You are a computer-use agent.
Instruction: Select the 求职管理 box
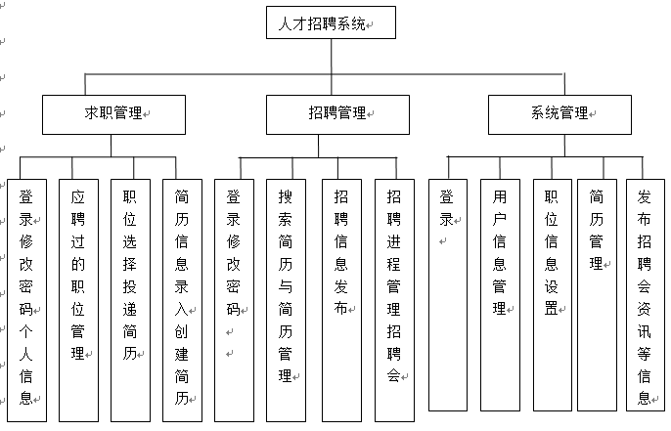point(113,114)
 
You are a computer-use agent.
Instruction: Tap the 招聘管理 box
point(332,114)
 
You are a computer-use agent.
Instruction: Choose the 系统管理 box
point(559,114)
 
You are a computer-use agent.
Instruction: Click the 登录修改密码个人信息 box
point(26,293)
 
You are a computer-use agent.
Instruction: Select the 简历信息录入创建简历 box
point(182,293)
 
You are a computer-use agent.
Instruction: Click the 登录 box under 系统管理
point(447,293)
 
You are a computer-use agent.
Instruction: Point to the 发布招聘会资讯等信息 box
point(645,293)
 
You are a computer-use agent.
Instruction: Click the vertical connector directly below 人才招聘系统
point(332,56)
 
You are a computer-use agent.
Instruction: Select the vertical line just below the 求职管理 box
point(113,144)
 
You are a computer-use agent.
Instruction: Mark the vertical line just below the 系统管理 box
point(564,144)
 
